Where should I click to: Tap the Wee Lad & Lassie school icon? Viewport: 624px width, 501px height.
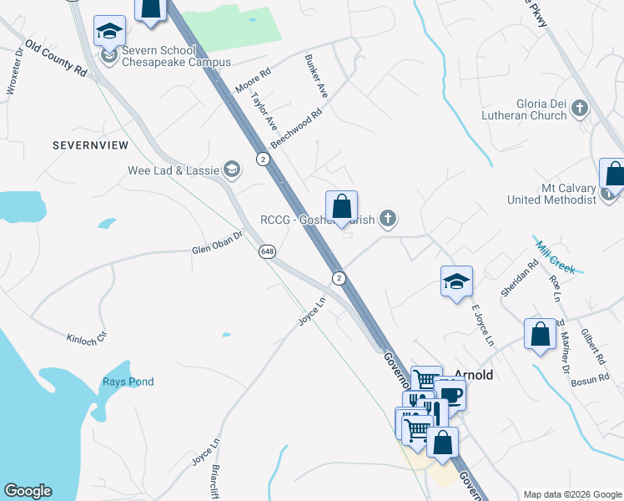tap(231, 170)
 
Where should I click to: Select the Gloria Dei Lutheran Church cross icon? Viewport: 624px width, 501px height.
tap(579, 107)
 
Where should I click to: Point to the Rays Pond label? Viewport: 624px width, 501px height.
tap(128, 382)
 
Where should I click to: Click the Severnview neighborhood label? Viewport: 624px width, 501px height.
tap(90, 145)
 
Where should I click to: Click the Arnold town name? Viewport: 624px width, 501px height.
tap(473, 375)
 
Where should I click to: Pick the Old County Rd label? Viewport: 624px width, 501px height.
tap(56, 58)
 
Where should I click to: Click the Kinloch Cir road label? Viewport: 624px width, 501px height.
tap(88, 337)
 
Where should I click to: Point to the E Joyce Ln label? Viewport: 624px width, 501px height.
tap(483, 326)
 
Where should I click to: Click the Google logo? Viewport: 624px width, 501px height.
tap(28, 491)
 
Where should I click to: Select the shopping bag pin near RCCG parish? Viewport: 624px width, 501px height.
tap(341, 205)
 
